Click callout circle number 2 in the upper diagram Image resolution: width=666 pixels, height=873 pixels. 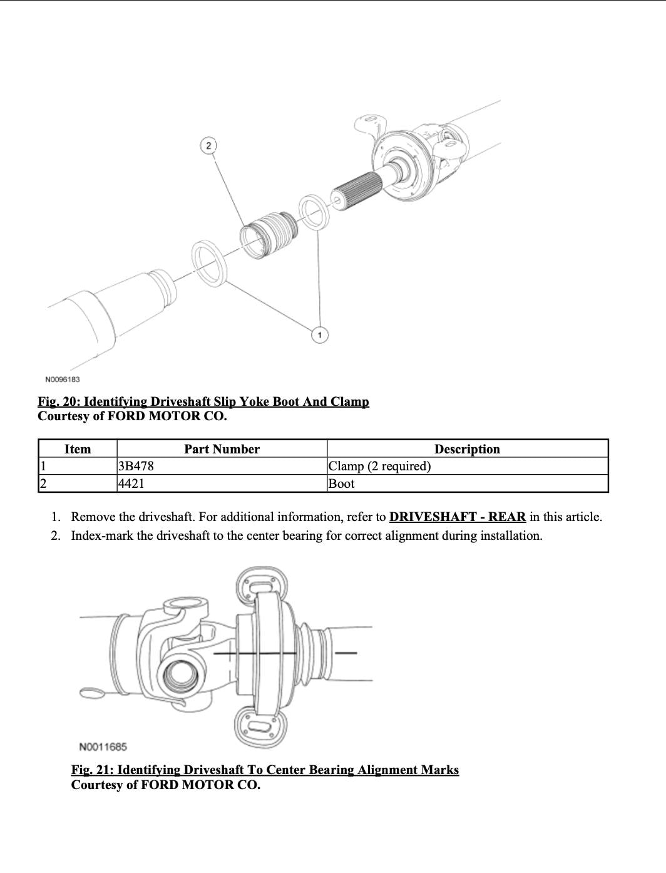pos(208,145)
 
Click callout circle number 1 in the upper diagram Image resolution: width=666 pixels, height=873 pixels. pos(320,335)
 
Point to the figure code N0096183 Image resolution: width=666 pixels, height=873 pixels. pos(63,380)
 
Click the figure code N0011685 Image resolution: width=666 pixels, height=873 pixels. pos(103,746)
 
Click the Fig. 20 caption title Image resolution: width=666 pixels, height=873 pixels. pos(203,401)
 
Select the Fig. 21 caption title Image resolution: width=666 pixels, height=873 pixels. pos(265,770)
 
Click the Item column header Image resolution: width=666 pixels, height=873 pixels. pos(78,449)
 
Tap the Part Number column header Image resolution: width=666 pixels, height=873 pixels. pos(222,449)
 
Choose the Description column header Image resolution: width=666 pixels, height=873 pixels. pos(467,449)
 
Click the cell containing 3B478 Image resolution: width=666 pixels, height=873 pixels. pos(136,466)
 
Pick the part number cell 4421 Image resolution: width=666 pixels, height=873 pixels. pos(131,483)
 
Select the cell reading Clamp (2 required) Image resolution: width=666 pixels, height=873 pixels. pos(379,466)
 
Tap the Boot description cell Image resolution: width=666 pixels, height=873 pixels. pos(342,483)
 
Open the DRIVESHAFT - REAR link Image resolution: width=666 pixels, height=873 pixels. pos(457,517)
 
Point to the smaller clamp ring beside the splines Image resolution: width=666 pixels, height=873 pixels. pos(314,212)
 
